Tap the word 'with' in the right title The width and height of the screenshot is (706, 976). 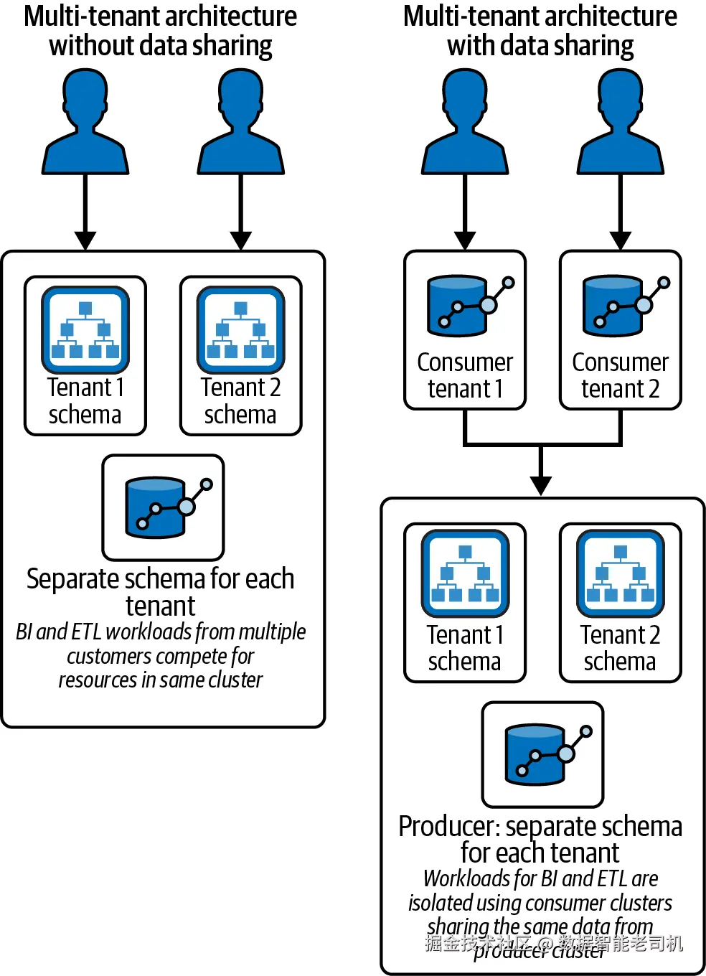(470, 46)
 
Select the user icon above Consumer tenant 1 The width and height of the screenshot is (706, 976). (465, 122)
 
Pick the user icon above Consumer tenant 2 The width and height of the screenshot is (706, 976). (621, 122)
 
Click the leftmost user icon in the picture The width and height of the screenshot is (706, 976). (85, 122)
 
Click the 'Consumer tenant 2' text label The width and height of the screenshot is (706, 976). (621, 375)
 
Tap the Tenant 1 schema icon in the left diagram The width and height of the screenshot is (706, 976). (85, 329)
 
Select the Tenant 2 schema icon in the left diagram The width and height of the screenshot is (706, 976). (241, 329)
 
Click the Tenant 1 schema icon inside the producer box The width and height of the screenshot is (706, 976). (465, 573)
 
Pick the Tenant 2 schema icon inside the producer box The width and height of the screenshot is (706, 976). (621, 573)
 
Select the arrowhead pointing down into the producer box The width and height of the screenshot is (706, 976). (541, 486)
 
